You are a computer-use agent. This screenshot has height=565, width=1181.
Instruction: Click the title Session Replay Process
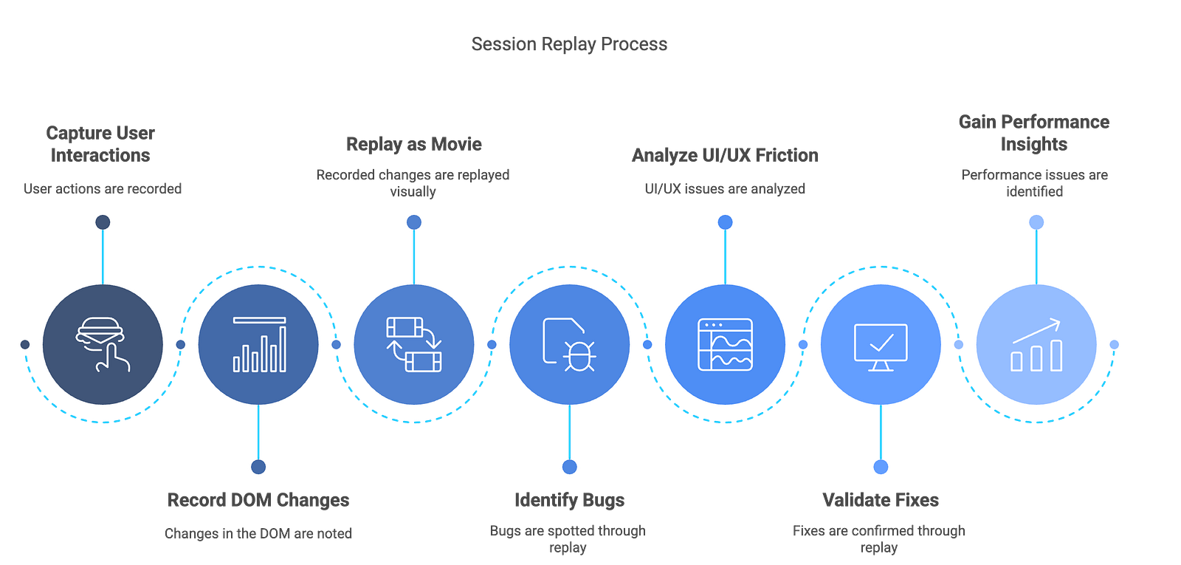pyautogui.click(x=569, y=44)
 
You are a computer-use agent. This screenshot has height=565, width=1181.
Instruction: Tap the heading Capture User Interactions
pyautogui.click(x=100, y=144)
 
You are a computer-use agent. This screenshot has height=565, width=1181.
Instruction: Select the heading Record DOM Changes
pyautogui.click(x=258, y=500)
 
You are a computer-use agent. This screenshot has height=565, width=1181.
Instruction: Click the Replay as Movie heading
pyautogui.click(x=414, y=144)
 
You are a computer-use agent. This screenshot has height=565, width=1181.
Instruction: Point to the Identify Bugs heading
pyautogui.click(x=569, y=500)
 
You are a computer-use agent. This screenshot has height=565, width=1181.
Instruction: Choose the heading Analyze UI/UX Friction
pyautogui.click(x=725, y=155)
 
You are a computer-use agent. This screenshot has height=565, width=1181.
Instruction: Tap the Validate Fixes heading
pyautogui.click(x=881, y=500)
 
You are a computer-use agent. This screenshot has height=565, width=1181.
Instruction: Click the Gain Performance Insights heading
pyautogui.click(x=1034, y=133)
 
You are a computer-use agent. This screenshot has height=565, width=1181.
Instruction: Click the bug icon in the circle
pyautogui.click(x=569, y=344)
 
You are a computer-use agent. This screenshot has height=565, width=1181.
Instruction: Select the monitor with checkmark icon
pyautogui.click(x=881, y=347)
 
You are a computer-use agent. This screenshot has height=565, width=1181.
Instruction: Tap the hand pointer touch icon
pyautogui.click(x=103, y=344)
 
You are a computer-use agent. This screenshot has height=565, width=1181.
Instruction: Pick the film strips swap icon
pyautogui.click(x=414, y=344)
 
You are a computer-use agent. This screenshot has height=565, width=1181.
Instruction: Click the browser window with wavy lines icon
pyautogui.click(x=725, y=344)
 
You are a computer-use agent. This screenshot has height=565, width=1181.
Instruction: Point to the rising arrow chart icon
pyautogui.click(x=1036, y=345)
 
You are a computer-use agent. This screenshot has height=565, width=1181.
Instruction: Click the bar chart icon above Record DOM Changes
pyautogui.click(x=259, y=344)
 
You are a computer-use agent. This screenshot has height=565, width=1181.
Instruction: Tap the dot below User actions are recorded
pyautogui.click(x=103, y=222)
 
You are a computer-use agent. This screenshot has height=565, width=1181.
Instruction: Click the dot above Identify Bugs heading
pyautogui.click(x=569, y=467)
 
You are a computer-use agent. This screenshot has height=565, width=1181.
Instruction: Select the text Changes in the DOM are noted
pyautogui.click(x=258, y=533)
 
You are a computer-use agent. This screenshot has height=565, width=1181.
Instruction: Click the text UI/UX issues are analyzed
pyautogui.click(x=725, y=189)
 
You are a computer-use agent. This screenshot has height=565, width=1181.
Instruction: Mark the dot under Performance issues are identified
pyautogui.click(x=1036, y=222)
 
